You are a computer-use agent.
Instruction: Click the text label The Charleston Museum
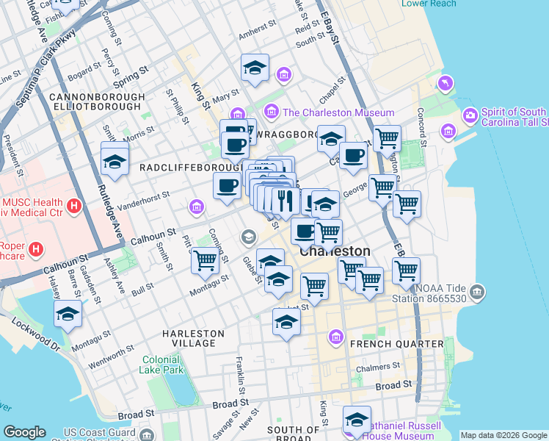pyautogui.click(x=338, y=112)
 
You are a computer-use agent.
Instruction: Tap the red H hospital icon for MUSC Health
pyautogui.click(x=73, y=207)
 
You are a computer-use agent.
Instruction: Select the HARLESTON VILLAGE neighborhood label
pyautogui.click(x=194, y=338)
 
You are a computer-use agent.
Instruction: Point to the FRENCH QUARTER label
pyautogui.click(x=397, y=343)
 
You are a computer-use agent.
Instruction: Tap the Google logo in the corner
pyautogui.click(x=24, y=432)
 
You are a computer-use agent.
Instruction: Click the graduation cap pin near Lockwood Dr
pyautogui.click(x=68, y=314)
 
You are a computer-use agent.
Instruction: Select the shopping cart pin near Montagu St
pyautogui.click(x=205, y=259)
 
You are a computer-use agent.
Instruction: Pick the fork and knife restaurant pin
pyautogui.click(x=284, y=200)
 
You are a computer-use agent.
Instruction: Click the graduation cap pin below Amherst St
pyautogui.click(x=255, y=68)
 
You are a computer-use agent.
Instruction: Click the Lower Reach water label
pyautogui.click(x=429, y=4)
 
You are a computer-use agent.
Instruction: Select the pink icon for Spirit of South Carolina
pyautogui.click(x=470, y=116)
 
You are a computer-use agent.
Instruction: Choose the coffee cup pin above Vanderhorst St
pyautogui.click(x=228, y=185)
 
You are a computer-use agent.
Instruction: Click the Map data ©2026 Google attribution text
pyautogui.click(x=503, y=435)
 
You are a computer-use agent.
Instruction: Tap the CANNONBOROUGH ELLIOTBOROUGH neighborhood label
pyautogui.click(x=95, y=101)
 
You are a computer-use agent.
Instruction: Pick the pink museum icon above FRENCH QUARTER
pyautogui.click(x=336, y=337)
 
